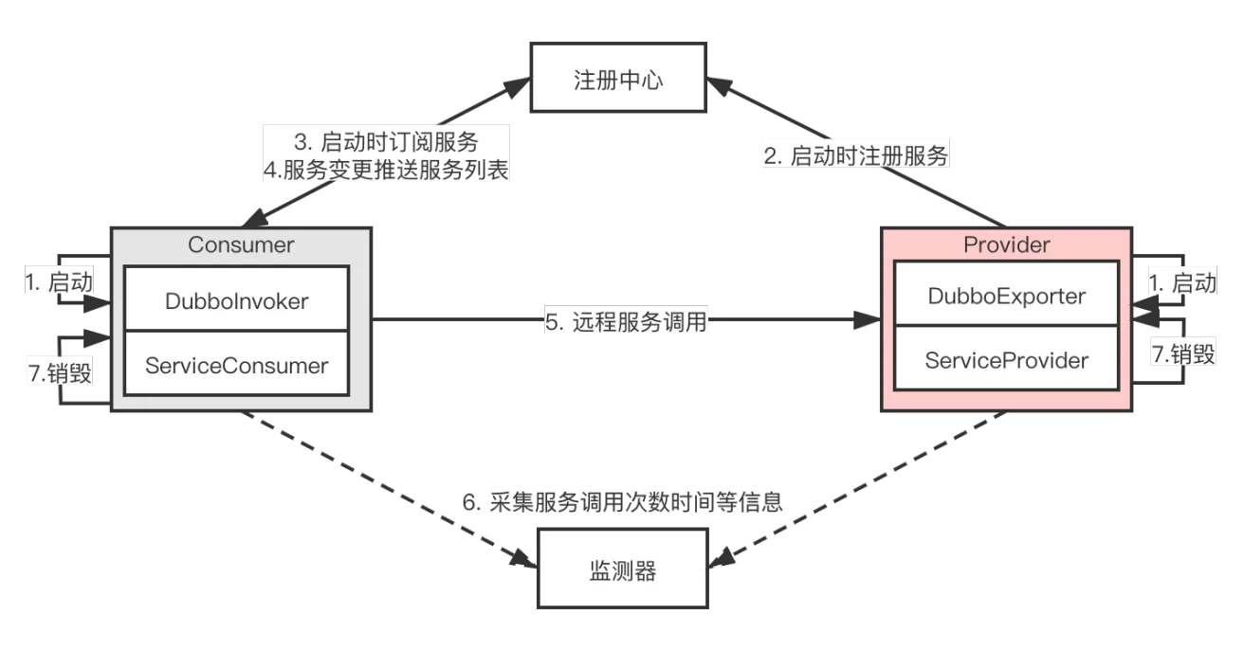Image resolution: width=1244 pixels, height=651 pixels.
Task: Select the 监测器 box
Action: pyautogui.click(x=622, y=569)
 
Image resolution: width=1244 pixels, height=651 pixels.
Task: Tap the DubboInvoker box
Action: pyautogui.click(x=236, y=300)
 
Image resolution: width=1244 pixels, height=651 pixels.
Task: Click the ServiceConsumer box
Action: pyautogui.click(x=236, y=365)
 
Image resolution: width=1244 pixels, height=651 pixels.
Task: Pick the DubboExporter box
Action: pyautogui.click(x=1006, y=296)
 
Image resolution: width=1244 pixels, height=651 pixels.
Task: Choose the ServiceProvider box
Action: pyautogui.click(x=1006, y=360)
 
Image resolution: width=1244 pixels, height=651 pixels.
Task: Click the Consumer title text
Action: pyautogui.click(x=241, y=244)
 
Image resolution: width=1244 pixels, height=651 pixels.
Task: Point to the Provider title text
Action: pyautogui.click(x=1006, y=244)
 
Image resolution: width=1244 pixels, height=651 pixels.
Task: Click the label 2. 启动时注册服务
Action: pyautogui.click(x=856, y=156)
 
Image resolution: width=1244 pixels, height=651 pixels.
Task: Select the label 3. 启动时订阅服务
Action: pyautogui.click(x=386, y=143)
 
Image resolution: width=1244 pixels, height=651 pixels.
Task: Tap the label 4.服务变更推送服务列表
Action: pyautogui.click(x=386, y=170)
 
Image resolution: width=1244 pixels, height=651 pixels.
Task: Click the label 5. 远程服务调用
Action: pyautogui.click(x=626, y=321)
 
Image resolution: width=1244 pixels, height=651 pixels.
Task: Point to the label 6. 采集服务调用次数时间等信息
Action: pyautogui.click(x=622, y=502)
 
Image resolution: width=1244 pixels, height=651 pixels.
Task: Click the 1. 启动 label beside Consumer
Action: pyautogui.click(x=58, y=281)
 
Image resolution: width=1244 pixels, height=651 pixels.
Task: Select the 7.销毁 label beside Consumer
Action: pyautogui.click(x=58, y=372)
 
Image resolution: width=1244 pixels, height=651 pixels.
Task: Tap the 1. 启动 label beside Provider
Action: pyautogui.click(x=1182, y=281)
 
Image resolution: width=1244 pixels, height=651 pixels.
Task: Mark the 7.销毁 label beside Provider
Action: pyautogui.click(x=1182, y=353)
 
